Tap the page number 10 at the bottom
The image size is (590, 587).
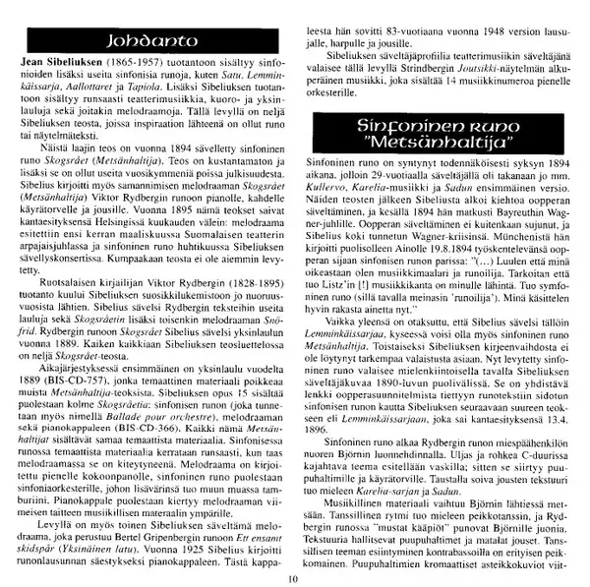[293, 577]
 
